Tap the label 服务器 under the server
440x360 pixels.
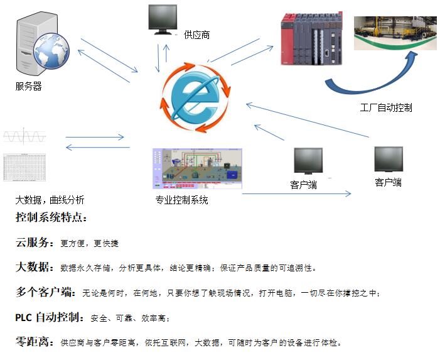[28, 87]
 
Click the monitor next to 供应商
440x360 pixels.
[161, 19]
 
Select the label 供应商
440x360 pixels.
[197, 35]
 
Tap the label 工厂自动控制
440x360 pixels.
[386, 107]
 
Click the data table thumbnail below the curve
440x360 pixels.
[24, 166]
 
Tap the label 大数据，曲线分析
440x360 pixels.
[50, 200]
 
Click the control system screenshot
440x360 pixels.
[197, 168]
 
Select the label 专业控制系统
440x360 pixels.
[182, 200]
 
